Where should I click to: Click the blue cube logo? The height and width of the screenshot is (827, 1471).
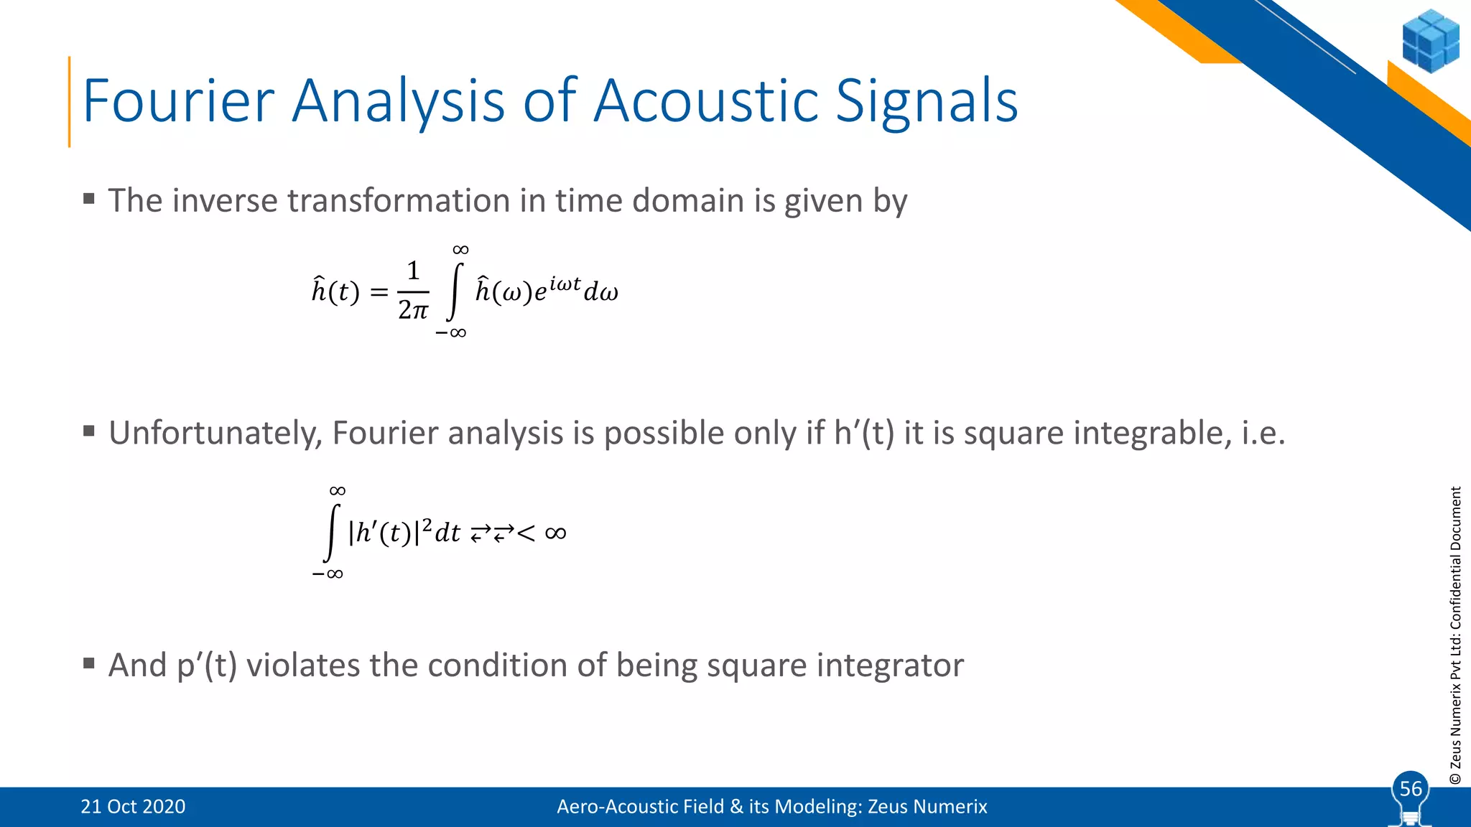pos(1429,41)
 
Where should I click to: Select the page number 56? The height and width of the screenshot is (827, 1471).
pos(1411,788)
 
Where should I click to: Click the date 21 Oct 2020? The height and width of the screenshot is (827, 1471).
pos(133,806)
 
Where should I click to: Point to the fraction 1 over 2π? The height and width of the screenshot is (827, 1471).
pos(413,291)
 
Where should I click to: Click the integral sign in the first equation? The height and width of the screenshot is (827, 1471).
pos(454,291)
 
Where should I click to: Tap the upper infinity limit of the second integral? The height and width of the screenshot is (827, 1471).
pos(337,491)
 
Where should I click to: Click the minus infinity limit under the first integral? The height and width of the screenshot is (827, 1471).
pos(450,333)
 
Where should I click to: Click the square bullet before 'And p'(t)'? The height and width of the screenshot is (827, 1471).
pos(89,662)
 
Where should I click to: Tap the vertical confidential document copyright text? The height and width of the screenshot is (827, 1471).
pos(1455,635)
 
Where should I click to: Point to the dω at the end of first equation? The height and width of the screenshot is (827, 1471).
pos(600,292)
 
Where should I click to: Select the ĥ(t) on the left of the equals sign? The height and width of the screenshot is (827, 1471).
pos(335,291)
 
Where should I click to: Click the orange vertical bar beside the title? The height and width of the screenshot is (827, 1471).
pos(70,101)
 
